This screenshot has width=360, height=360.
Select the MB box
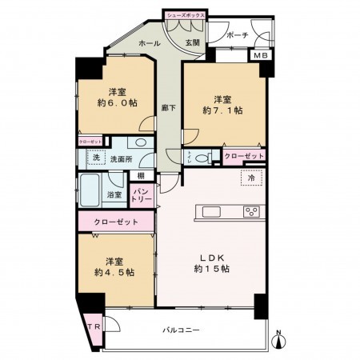click(261, 55)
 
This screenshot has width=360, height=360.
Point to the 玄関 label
click(194, 42)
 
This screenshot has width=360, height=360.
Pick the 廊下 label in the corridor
click(168, 106)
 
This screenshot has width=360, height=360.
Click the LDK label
click(213, 257)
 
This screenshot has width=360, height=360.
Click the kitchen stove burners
click(250, 211)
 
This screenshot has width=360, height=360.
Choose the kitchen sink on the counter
click(211, 211)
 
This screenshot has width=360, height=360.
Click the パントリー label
click(141, 194)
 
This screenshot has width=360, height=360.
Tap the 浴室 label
click(114, 194)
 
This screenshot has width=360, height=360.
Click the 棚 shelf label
click(141, 175)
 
